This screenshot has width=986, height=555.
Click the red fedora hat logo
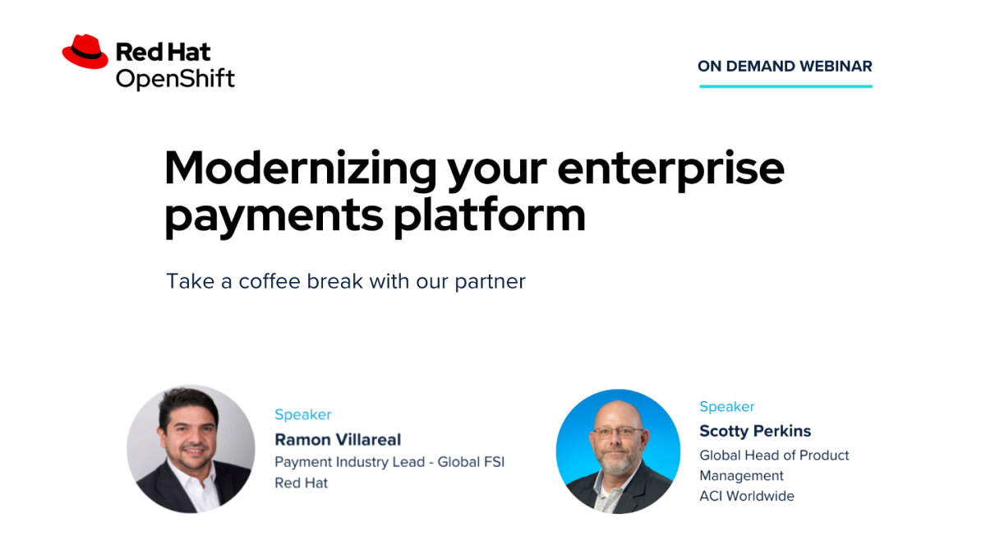pyautogui.click(x=85, y=52)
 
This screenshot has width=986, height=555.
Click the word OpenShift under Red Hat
pyautogui.click(x=175, y=79)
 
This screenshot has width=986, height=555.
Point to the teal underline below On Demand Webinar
pyautogui.click(x=786, y=86)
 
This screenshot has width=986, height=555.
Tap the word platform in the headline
pyautogui.click(x=490, y=215)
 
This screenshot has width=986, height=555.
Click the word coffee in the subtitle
pyautogui.click(x=270, y=281)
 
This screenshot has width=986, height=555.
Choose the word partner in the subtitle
pyautogui.click(x=490, y=282)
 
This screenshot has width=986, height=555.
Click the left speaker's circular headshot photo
pyautogui.click(x=191, y=449)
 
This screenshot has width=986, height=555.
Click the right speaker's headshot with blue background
pyautogui.click(x=618, y=451)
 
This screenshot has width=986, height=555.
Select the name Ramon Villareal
pyautogui.click(x=338, y=440)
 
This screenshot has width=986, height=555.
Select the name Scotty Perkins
pyautogui.click(x=755, y=431)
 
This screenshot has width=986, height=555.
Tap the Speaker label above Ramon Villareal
pyautogui.click(x=303, y=415)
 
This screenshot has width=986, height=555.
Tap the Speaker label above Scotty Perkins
pyautogui.click(x=726, y=407)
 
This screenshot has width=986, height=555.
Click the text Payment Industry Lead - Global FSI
pyautogui.click(x=389, y=462)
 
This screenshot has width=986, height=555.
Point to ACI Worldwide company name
pyautogui.click(x=747, y=496)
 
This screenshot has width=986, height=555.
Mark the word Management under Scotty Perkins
pyautogui.click(x=741, y=476)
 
